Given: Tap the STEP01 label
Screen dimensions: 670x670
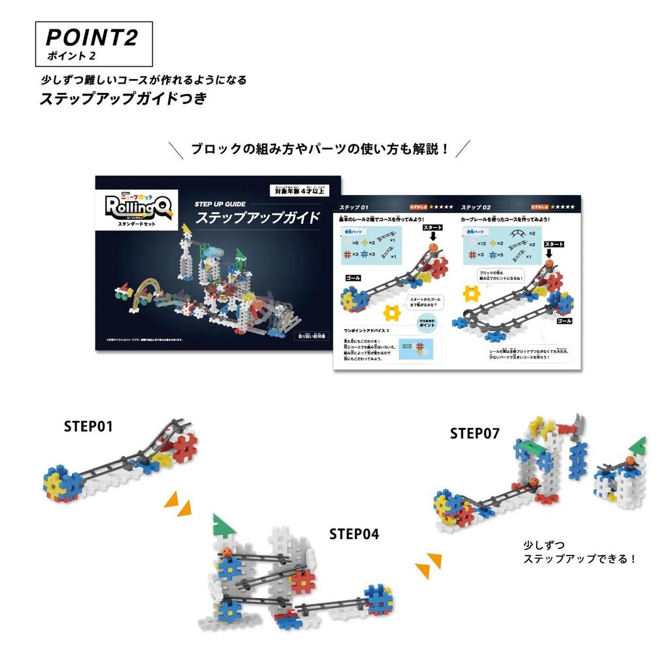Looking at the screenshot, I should click(88, 426).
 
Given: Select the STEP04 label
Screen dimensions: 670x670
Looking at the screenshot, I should click(354, 534).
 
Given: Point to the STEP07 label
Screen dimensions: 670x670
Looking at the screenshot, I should click(474, 433).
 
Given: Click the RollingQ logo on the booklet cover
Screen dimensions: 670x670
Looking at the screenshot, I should click(135, 208).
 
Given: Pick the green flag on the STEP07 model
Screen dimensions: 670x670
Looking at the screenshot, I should click(638, 445).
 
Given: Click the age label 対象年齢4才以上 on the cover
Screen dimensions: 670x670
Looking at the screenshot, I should click(300, 190).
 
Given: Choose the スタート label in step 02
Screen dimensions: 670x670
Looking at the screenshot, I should click(554, 244).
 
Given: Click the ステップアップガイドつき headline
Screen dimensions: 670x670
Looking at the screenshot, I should click(123, 99).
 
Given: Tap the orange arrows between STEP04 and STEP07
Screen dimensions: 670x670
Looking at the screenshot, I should click(429, 565).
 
